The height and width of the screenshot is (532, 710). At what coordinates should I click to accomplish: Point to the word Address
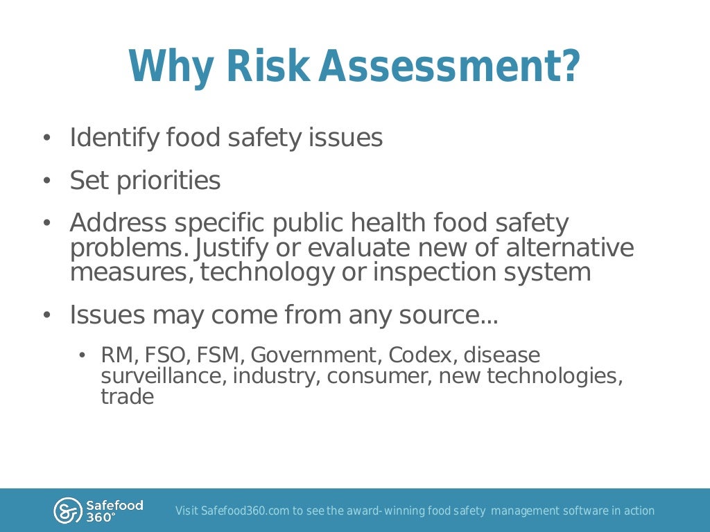(x=119, y=223)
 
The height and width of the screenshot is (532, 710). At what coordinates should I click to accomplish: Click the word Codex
(x=422, y=355)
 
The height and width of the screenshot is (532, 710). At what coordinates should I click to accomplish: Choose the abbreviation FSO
(x=168, y=355)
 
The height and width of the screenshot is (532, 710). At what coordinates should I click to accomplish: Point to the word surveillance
(x=164, y=376)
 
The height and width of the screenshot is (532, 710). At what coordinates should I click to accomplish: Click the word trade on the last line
(x=127, y=397)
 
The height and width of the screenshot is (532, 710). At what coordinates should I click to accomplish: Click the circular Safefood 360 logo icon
(x=67, y=511)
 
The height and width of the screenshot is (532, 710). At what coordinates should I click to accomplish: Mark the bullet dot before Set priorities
(x=46, y=181)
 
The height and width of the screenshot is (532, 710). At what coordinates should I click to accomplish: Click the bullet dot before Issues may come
(x=46, y=316)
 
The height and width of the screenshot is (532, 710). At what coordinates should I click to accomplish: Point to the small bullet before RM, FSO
(x=82, y=356)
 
